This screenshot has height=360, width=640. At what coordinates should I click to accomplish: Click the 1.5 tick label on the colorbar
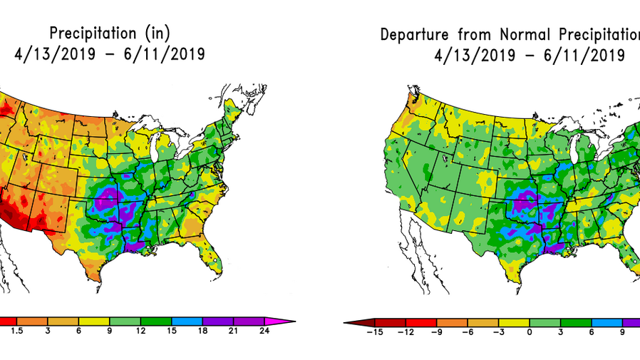[x=16, y=332]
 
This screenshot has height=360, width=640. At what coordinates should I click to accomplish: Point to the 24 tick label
[x=264, y=332]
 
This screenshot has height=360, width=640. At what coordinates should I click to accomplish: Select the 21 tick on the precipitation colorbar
[x=234, y=332]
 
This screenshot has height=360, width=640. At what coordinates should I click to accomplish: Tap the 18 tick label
[x=202, y=332]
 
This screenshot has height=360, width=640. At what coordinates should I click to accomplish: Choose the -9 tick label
[x=435, y=332]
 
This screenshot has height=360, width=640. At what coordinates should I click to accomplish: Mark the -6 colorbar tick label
[x=466, y=332]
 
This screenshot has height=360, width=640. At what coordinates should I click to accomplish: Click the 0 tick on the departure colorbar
[x=530, y=332]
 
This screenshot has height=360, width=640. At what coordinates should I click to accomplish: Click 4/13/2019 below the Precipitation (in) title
[x=49, y=54]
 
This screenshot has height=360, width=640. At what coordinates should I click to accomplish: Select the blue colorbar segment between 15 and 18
[x=187, y=321]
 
